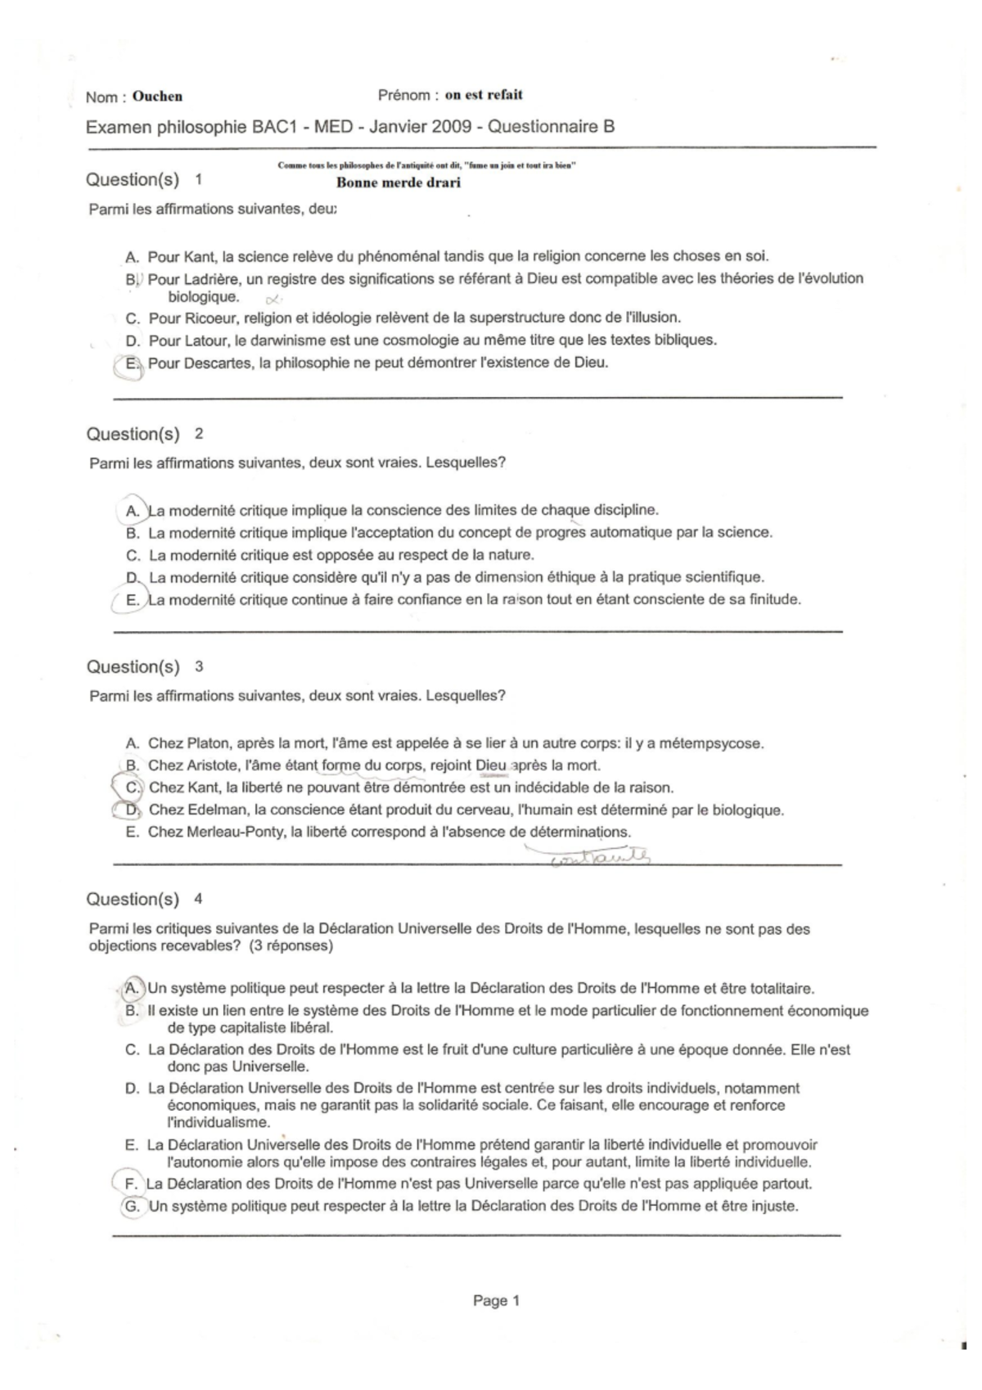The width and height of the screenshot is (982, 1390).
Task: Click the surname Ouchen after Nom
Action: (157, 97)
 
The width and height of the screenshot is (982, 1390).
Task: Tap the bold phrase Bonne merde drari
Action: (399, 183)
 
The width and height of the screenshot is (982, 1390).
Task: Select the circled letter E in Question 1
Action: (131, 363)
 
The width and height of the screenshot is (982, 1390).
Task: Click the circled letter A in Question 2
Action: (133, 511)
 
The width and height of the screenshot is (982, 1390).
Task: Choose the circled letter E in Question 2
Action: (132, 600)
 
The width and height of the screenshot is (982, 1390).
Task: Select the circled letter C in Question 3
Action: (133, 788)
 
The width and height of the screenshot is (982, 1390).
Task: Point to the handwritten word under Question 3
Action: (601, 857)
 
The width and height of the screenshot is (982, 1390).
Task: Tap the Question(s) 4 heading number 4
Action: (198, 899)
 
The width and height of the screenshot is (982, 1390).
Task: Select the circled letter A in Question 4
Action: (132, 989)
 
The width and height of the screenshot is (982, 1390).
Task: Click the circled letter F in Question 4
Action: (130, 1185)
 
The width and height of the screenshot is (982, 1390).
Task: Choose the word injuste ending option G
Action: (773, 1206)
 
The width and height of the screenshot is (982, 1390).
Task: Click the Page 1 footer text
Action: (496, 1301)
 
